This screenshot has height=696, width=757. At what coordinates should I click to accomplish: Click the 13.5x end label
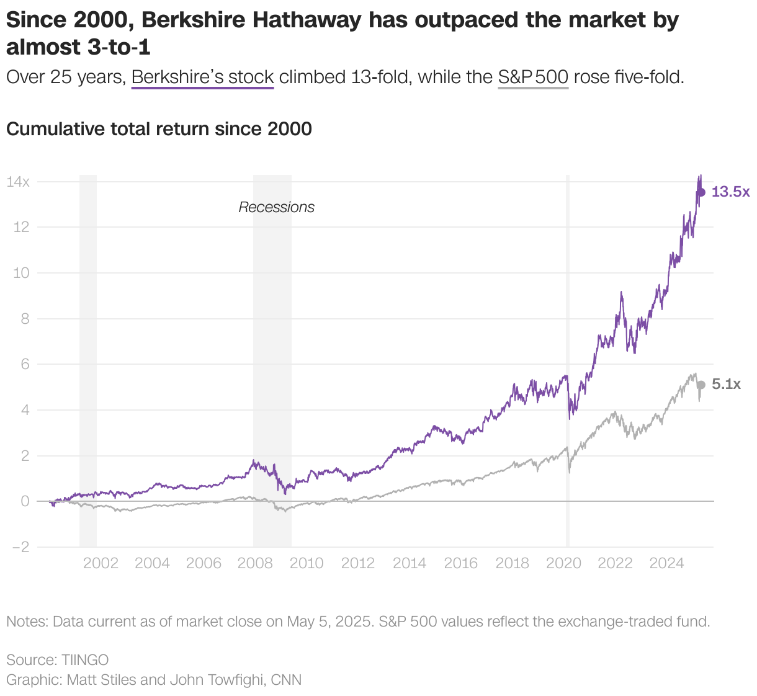[x=730, y=192]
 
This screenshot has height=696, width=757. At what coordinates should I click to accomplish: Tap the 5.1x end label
[x=726, y=385]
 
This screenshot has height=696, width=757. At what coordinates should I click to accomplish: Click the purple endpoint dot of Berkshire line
[x=701, y=192]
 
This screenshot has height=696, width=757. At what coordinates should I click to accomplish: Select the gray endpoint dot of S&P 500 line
[x=701, y=385]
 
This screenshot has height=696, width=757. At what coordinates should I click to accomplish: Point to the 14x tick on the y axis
[x=18, y=182]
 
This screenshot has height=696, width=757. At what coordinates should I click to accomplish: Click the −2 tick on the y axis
[x=18, y=547]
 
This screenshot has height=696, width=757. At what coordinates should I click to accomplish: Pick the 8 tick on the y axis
[x=25, y=319]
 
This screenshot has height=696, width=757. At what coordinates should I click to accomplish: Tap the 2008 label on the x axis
[x=255, y=563]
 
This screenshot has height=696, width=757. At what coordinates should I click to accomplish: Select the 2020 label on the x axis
[x=563, y=563]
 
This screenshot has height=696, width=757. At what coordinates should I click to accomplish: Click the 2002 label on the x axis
[x=101, y=563]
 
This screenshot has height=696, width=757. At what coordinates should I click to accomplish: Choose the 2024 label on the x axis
[x=666, y=563]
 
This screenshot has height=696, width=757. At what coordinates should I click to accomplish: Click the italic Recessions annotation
[x=277, y=207]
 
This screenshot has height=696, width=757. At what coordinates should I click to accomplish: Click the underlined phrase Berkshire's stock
[x=203, y=78]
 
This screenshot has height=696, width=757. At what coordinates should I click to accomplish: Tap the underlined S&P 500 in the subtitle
[x=533, y=78]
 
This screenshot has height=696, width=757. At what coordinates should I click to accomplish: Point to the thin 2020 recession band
[x=567, y=360]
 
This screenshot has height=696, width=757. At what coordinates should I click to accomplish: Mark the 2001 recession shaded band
[x=88, y=360]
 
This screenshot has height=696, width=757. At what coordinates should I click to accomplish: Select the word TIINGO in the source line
[x=85, y=659]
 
